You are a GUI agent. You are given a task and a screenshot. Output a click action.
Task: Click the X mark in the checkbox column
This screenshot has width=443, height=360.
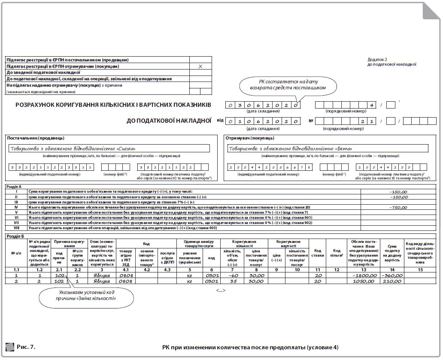tap(200, 67)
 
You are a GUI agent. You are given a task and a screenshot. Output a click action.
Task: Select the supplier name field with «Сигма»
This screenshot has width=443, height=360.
tap(109, 148)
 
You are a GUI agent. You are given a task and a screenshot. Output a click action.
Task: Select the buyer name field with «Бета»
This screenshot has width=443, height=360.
tap(328, 148)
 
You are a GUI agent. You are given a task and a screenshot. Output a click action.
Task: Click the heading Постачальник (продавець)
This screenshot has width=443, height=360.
tap(36, 138)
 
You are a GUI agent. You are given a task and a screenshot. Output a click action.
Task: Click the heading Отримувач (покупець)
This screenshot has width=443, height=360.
tap(250, 138)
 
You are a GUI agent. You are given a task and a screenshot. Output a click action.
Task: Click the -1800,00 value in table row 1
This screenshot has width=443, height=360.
tap(364, 275)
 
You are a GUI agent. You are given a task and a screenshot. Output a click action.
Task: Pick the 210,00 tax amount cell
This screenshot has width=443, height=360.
tap(392, 281)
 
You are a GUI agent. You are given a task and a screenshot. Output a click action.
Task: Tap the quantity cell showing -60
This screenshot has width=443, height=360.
tap(233, 275)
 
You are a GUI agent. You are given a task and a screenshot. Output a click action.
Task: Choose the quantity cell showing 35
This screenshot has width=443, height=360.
tap(234, 281)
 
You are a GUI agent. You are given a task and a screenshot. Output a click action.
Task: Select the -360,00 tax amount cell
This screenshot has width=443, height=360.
tap(392, 275)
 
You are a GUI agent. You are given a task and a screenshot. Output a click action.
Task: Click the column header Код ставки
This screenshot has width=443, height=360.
tap(318, 253)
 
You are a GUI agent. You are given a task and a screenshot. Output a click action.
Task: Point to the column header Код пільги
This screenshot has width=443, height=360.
tap(337, 253)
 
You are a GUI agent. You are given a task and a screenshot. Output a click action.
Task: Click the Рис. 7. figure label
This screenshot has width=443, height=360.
tap(26, 346)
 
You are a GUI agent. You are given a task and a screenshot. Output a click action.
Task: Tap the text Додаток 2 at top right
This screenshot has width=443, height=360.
tap(377, 60)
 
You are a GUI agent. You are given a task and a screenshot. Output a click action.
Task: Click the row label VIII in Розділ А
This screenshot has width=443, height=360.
tap(16, 228)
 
